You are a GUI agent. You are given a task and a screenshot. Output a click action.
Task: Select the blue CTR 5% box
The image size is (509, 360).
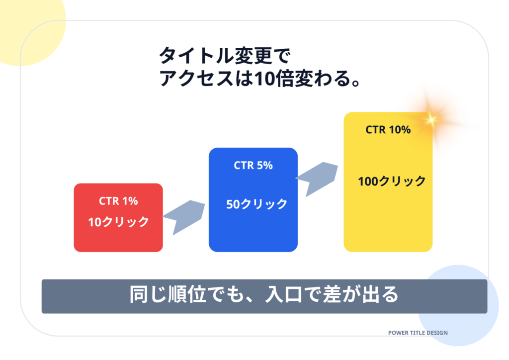pos(253,229)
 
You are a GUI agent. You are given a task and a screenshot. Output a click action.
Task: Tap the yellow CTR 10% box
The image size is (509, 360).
pos(388,219)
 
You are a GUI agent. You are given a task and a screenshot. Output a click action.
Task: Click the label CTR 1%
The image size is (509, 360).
pos(118,201)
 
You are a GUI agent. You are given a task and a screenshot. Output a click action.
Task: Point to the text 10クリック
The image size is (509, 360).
pos(119,222)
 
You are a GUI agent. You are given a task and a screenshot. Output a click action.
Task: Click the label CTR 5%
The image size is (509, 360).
pos(253,166)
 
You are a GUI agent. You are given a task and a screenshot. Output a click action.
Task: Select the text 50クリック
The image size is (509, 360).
pos(256,204)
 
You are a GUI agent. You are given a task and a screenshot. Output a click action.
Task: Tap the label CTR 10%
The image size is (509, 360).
pos(388,130)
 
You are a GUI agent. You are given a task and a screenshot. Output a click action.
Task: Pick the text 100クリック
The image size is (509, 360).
pos(392,181)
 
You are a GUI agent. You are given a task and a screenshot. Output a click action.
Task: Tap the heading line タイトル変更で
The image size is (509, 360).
pos(224,55)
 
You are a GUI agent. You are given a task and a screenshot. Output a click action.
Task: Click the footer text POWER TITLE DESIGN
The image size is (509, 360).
pos(418,333)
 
